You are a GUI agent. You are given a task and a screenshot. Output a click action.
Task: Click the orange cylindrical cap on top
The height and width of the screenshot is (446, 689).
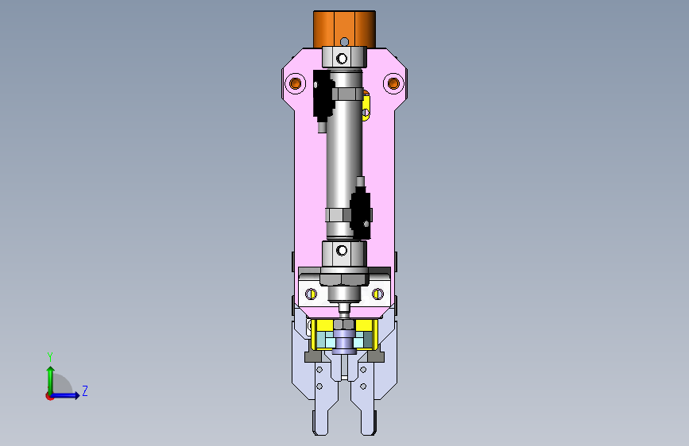tap(344, 28)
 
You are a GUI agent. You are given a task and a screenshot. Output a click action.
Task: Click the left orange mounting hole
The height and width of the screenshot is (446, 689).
tap(296, 83)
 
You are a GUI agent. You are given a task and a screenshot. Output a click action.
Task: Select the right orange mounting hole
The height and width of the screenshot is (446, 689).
tap(393, 83)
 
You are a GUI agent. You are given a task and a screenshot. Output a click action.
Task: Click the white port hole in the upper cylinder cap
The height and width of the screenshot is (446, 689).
tap(342, 58)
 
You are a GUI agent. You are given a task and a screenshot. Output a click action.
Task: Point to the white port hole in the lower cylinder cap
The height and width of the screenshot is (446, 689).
tap(342, 251)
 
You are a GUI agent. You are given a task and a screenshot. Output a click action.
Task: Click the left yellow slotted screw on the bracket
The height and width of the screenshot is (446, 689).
tap(311, 294)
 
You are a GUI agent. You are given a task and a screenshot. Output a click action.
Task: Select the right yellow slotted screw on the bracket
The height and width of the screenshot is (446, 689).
tap(378, 294)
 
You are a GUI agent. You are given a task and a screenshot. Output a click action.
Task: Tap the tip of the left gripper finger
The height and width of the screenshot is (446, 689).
tap(321, 433)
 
